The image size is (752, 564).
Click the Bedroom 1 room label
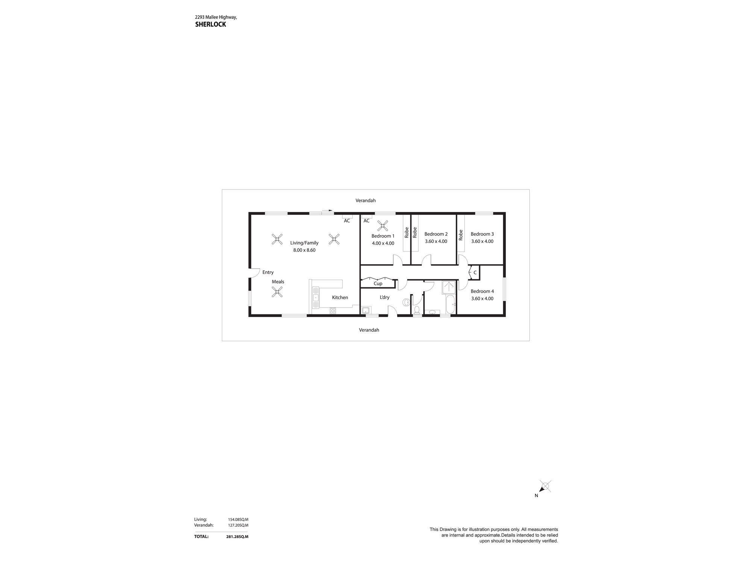383,236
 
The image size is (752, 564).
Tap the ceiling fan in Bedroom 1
383,226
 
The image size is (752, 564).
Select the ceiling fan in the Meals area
277,292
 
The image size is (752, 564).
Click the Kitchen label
340,297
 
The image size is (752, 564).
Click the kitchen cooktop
333,311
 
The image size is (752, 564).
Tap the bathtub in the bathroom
450,305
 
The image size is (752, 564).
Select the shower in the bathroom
449,287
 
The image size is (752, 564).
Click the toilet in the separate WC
417,309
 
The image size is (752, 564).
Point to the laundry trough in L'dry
366,310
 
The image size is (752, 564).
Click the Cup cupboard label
378,284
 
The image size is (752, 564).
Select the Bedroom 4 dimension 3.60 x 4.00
482,299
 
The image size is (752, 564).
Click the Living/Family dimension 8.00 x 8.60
304,250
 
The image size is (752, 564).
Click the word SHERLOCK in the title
211,24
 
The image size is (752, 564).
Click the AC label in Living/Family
347,221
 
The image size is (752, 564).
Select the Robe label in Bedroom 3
461,235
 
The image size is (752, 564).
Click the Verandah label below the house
369,330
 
